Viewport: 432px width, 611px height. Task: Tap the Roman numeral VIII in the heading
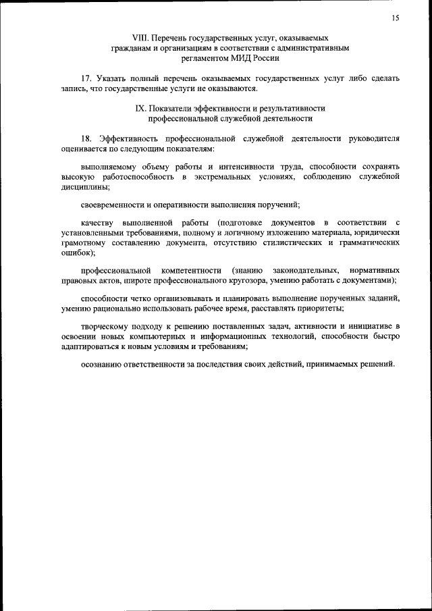(x=140, y=38)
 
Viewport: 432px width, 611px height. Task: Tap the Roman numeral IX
(x=140, y=108)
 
